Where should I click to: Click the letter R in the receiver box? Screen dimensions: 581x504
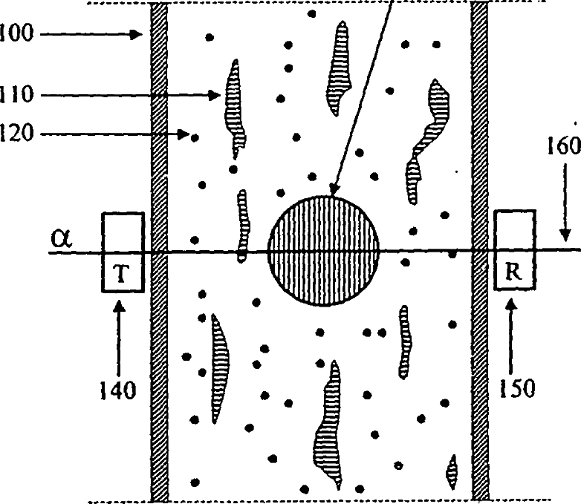(x=513, y=271)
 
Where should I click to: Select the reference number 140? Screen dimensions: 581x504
(x=118, y=390)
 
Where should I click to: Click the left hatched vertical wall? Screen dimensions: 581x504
(x=159, y=252)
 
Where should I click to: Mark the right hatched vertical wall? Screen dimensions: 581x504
(x=481, y=252)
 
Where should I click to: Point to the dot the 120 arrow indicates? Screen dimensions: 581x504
(x=195, y=137)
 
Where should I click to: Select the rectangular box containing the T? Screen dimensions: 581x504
(x=123, y=252)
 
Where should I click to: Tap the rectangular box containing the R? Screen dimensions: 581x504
(x=515, y=250)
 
